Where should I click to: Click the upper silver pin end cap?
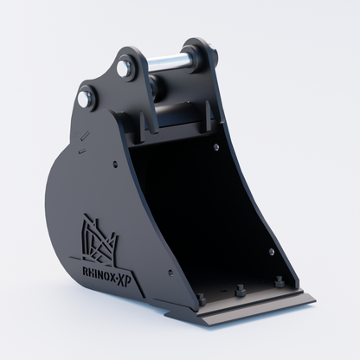(125, 67)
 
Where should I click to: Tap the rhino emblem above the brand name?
(99, 239)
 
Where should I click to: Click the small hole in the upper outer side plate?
(115, 164)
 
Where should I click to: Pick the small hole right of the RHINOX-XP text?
(170, 272)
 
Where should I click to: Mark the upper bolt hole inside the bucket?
(216, 147)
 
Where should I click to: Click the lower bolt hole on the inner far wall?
(272, 252)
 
